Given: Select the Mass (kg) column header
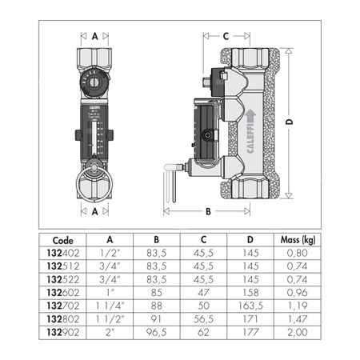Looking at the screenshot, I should click(x=296, y=238).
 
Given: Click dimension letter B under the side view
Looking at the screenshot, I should click(x=207, y=212).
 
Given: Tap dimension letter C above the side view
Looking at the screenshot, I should click(x=226, y=36).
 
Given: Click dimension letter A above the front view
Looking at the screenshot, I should click(x=94, y=36).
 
